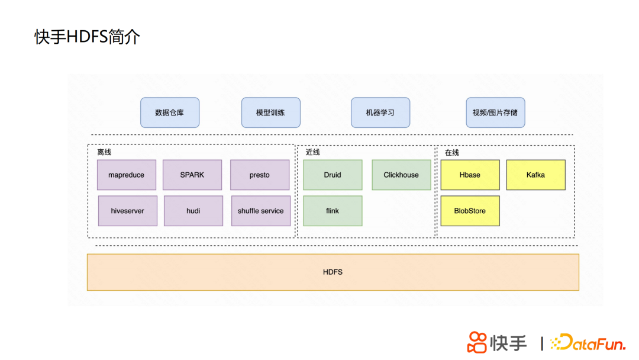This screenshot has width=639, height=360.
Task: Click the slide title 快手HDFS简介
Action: click(88, 37)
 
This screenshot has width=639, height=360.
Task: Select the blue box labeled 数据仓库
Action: click(170, 112)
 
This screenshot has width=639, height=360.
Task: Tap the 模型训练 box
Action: click(270, 112)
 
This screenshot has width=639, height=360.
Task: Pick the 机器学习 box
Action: click(380, 112)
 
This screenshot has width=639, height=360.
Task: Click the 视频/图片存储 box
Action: click(495, 112)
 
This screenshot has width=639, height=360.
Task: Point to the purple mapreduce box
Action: click(127, 175)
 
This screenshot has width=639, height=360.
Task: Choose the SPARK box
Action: click(192, 175)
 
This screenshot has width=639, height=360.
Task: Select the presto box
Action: click(260, 175)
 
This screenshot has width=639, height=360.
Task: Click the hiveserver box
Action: click(128, 211)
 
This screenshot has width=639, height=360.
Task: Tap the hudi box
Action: click(193, 211)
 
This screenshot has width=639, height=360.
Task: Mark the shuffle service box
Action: click(261, 211)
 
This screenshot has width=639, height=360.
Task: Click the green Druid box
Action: click(333, 175)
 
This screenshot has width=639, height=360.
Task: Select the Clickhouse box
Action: click(401, 175)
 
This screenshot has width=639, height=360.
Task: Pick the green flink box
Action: click(333, 211)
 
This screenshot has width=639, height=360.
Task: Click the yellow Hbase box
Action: click(470, 175)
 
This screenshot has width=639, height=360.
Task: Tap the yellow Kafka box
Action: click(535, 175)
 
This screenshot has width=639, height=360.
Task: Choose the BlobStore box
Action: click(470, 211)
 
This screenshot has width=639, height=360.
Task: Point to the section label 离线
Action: click(104, 153)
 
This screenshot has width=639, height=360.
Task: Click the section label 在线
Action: click(452, 153)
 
